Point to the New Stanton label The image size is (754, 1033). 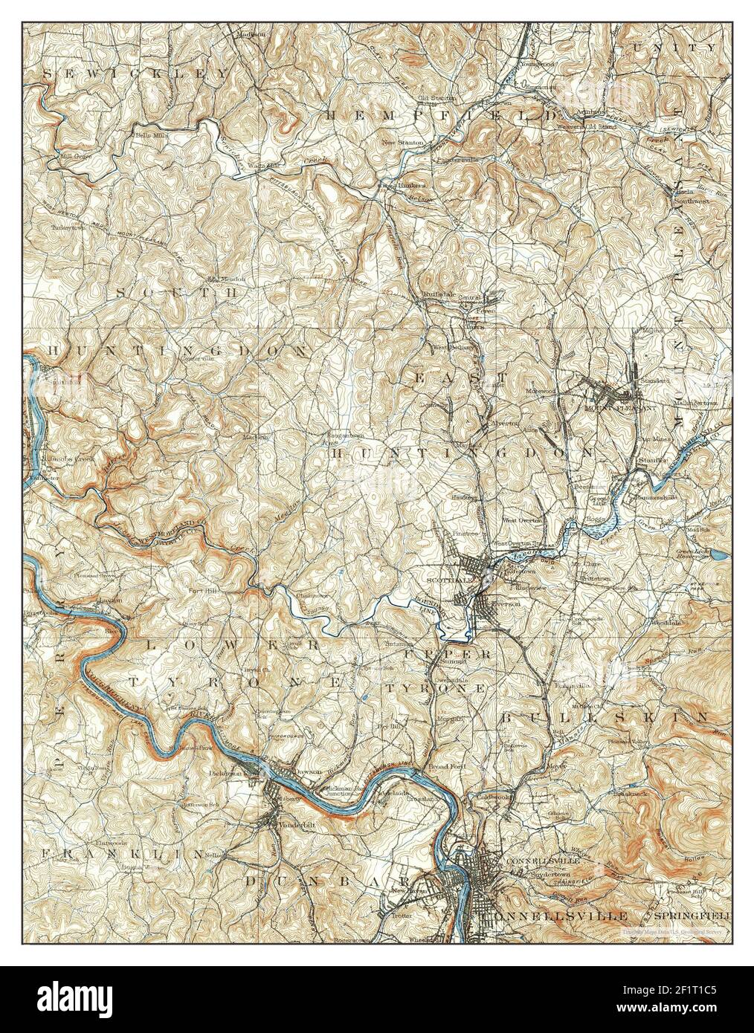pyautogui.click(x=402, y=142)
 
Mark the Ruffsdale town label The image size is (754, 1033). pyautogui.click(x=438, y=294)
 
